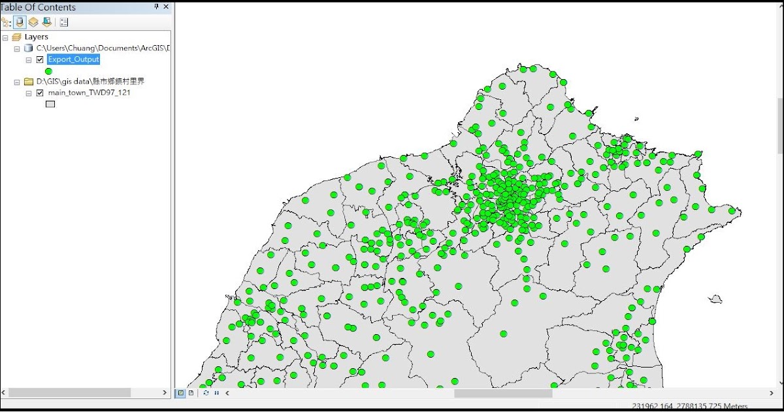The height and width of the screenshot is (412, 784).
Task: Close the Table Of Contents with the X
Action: click(x=166, y=7)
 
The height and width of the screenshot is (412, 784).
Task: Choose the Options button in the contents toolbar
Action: click(x=64, y=22)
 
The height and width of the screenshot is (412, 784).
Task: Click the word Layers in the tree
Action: click(x=37, y=37)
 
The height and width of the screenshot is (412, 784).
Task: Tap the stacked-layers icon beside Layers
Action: click(x=17, y=37)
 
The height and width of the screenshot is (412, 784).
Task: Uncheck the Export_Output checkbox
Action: click(x=40, y=60)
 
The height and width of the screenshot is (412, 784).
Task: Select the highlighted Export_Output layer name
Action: click(x=73, y=60)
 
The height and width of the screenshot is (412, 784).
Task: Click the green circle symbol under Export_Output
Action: click(x=48, y=71)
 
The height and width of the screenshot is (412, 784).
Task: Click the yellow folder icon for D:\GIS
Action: click(x=28, y=82)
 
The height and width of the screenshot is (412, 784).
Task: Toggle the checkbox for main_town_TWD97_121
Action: click(x=40, y=93)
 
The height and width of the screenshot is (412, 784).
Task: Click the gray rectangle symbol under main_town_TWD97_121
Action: click(x=50, y=104)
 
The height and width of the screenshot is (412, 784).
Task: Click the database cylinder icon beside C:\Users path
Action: click(x=28, y=48)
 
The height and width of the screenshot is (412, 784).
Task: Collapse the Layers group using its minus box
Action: click(x=6, y=37)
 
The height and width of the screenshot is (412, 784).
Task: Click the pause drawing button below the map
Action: click(x=216, y=393)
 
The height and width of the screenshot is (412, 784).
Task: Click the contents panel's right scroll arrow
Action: click(x=165, y=392)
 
